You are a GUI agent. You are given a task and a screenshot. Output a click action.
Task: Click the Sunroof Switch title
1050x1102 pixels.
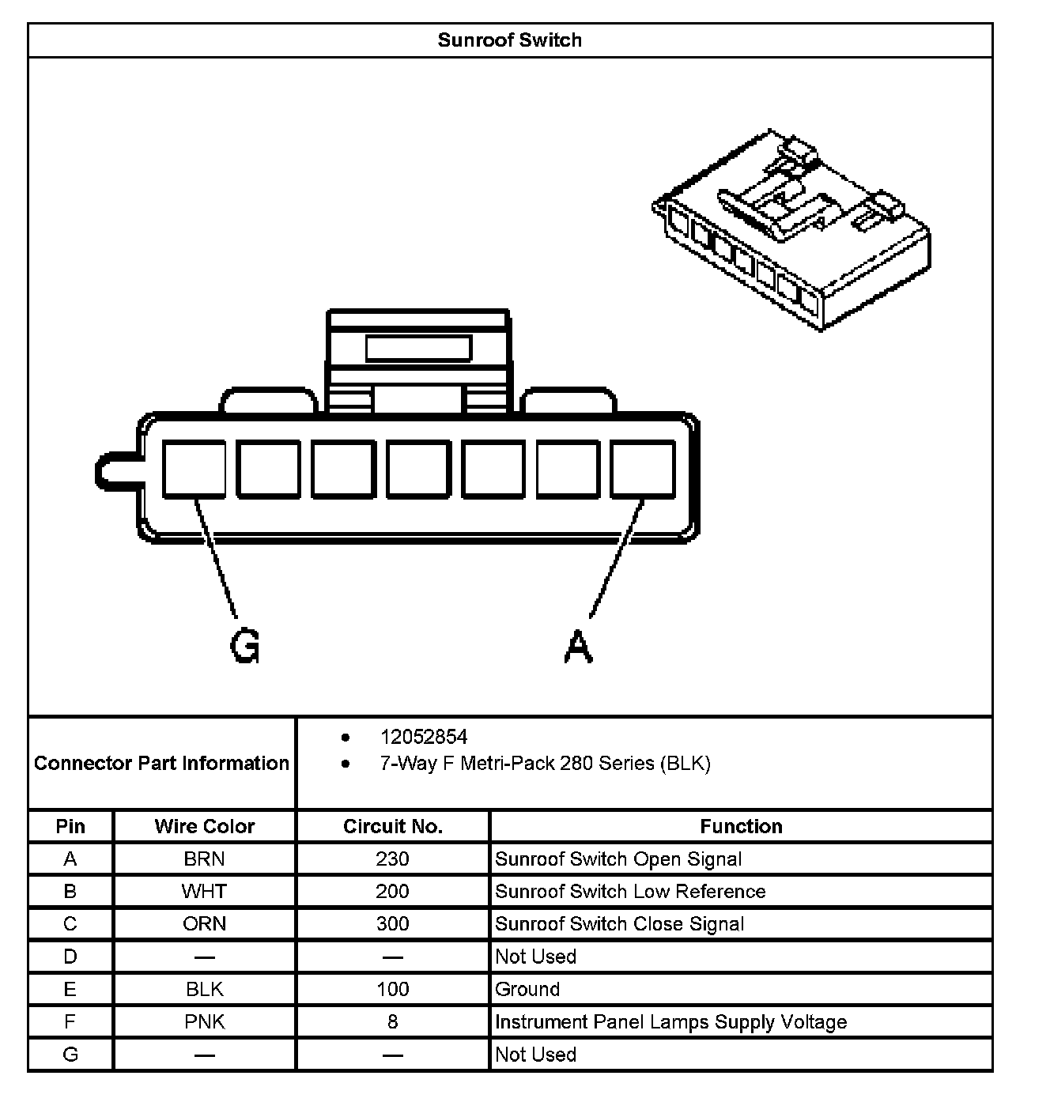[509, 40]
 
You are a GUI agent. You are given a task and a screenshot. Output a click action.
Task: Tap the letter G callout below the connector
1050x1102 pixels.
[244, 647]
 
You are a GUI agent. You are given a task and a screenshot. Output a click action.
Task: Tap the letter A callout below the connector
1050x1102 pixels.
[579, 647]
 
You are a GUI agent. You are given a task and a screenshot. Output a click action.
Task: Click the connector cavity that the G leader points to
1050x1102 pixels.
[194, 470]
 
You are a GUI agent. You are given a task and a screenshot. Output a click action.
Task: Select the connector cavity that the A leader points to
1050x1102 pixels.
[643, 470]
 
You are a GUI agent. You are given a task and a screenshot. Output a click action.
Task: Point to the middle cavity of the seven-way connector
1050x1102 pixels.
[418, 470]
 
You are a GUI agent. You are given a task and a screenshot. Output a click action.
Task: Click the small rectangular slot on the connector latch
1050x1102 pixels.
[418, 348]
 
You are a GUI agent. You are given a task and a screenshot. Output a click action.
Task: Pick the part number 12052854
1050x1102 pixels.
[424, 737]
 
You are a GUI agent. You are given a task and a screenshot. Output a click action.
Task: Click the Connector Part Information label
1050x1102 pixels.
[162, 763]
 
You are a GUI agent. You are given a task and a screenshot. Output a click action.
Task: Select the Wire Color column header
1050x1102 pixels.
[205, 826]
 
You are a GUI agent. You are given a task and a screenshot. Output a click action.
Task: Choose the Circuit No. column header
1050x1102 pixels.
[393, 826]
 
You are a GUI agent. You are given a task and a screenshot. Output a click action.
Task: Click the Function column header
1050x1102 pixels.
[741, 826]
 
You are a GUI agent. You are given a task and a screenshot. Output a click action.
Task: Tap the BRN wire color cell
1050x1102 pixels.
[205, 859]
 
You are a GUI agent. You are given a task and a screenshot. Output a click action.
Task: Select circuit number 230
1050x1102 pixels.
[393, 859]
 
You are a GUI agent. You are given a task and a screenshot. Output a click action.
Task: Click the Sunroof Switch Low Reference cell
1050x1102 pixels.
[630, 891]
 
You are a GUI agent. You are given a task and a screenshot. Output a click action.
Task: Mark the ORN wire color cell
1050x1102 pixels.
[205, 923]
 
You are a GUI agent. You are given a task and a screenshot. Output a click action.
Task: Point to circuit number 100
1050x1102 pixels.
[393, 989]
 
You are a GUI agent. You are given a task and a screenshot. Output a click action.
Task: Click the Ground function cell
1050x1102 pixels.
[527, 989]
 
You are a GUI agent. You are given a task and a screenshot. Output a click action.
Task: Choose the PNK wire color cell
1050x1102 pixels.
[205, 1021]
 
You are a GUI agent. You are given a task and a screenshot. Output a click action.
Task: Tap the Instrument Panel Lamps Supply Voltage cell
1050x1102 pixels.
[670, 1021]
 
